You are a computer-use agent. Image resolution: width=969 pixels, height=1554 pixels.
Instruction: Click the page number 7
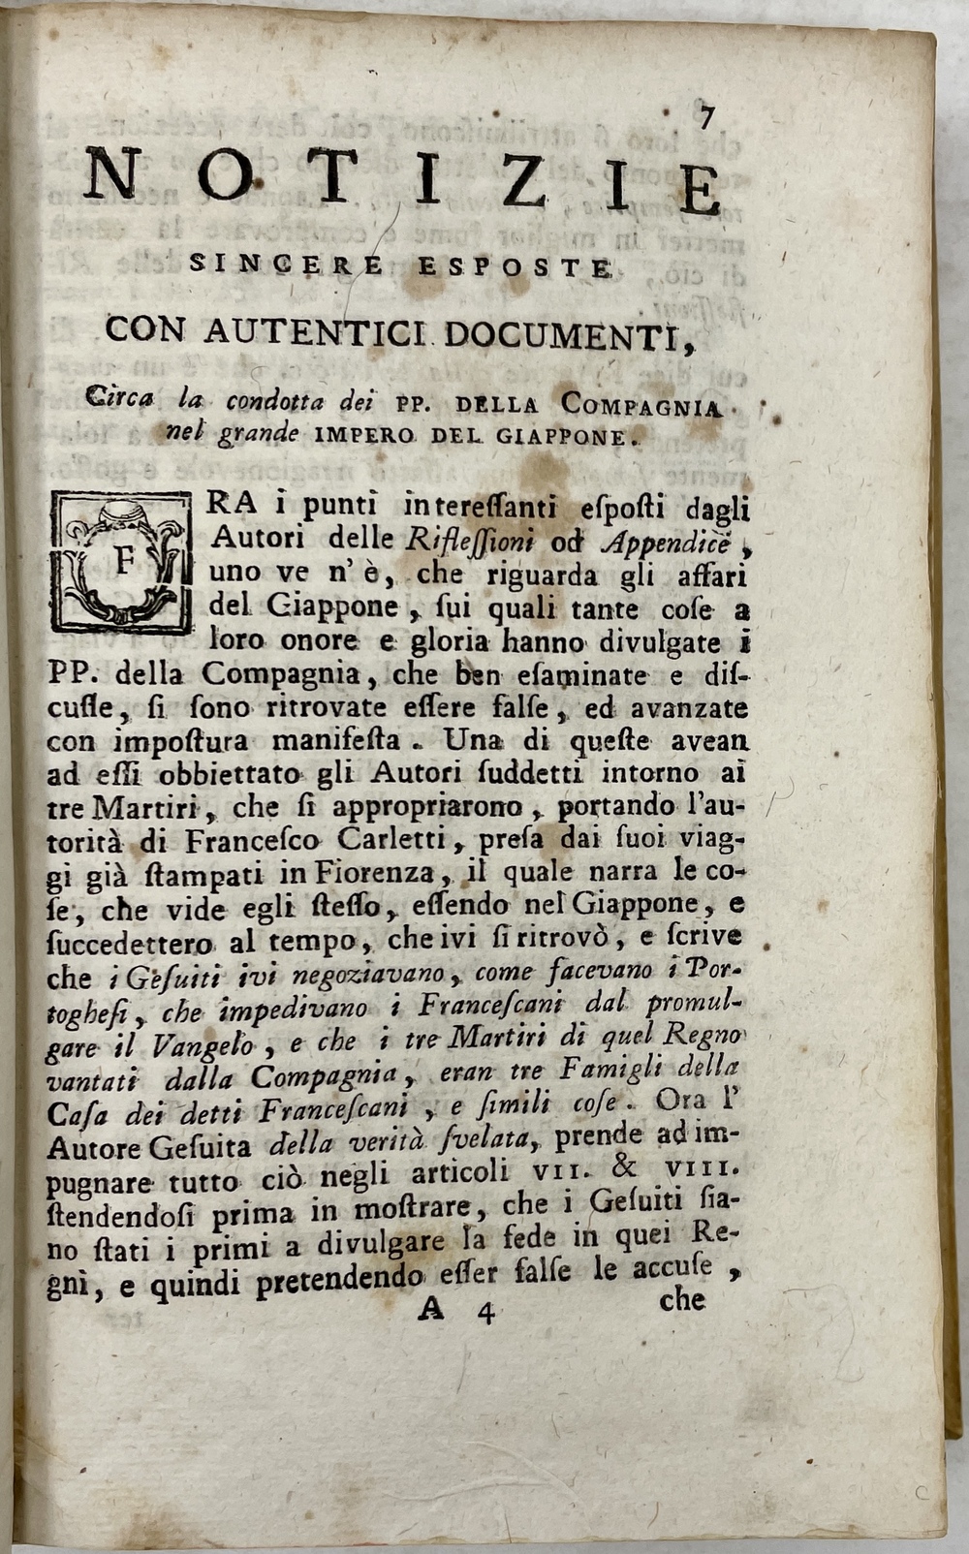click(x=705, y=117)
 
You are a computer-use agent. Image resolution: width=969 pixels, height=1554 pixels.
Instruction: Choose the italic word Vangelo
click(x=200, y=1044)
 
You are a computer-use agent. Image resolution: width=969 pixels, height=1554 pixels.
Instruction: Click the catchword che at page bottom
click(x=681, y=1301)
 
